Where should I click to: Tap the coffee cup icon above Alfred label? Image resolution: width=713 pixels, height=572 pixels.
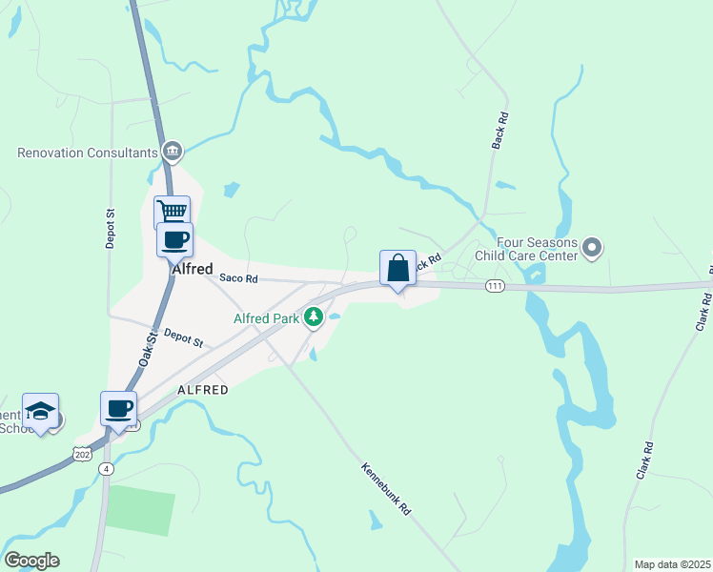click(175, 239)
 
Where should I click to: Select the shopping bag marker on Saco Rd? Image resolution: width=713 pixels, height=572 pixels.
click(397, 268)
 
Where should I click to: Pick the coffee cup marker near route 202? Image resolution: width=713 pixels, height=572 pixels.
click(119, 409)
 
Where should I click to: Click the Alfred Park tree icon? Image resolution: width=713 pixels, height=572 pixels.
click(313, 317)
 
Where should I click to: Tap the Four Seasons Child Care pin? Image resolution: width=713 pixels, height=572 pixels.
click(592, 250)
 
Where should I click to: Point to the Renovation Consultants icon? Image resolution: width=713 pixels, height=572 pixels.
click(173, 151)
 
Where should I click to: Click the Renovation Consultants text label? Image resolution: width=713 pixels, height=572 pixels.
click(87, 152)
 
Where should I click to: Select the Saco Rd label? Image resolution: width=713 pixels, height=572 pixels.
click(238, 278)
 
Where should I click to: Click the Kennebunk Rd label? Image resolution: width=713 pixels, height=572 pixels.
click(386, 489)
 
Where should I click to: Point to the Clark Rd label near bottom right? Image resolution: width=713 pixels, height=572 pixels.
click(645, 460)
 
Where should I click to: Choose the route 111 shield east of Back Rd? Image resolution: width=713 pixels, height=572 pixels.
click(494, 286)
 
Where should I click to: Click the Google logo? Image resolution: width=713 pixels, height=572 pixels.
click(31, 561)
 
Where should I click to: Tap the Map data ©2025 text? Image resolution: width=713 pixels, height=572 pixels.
click(671, 564)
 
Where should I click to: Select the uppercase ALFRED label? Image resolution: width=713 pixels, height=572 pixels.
click(202, 390)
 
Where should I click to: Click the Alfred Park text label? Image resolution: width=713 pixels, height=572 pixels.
click(267, 318)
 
